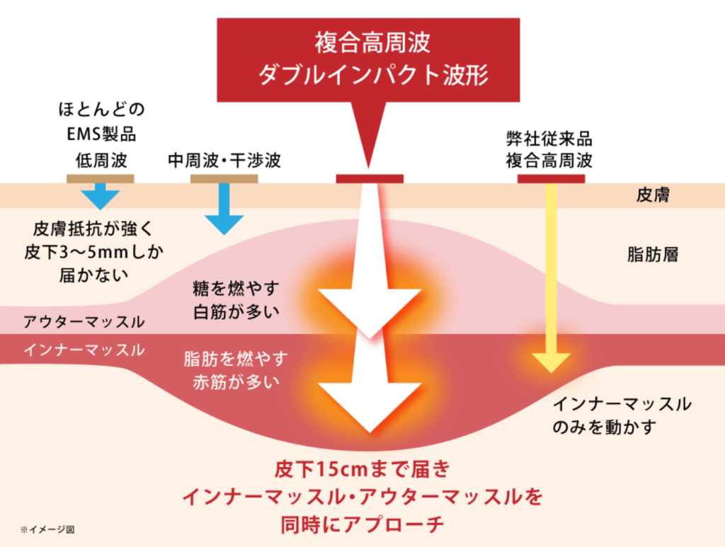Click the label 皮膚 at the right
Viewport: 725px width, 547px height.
click(x=653, y=195)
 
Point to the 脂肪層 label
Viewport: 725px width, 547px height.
click(x=653, y=255)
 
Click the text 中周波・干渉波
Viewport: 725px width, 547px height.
click(x=224, y=160)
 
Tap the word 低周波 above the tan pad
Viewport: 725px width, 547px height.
click(x=101, y=160)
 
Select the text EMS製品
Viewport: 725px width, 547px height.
click(x=101, y=134)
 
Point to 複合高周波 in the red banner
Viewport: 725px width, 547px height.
click(x=373, y=44)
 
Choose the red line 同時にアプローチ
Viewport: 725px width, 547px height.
click(x=362, y=524)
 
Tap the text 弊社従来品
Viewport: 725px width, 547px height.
click(x=549, y=136)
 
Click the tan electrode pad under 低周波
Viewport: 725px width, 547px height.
click(x=101, y=178)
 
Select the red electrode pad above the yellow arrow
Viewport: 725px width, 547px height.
click(x=551, y=178)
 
